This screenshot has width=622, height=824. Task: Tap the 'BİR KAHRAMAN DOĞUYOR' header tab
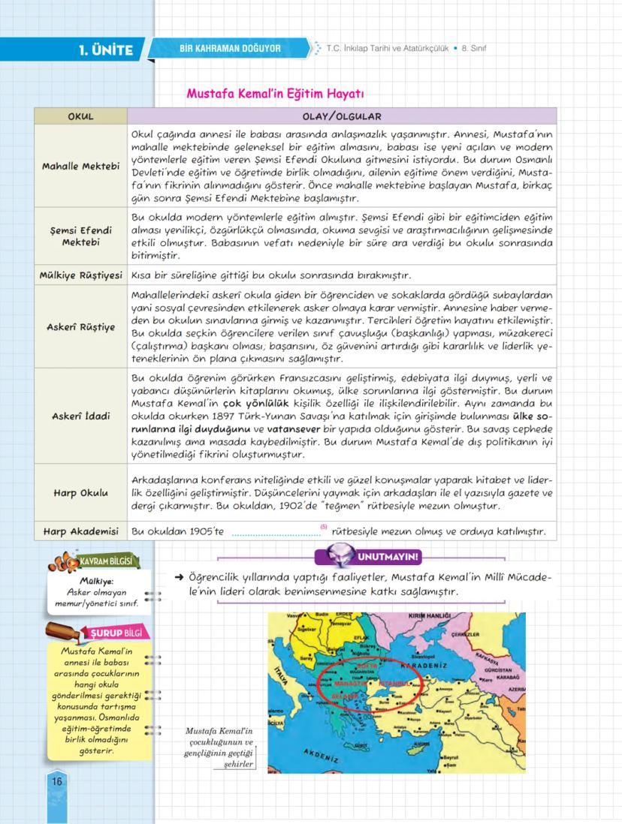click(x=230, y=49)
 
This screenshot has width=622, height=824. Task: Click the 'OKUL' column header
click(x=80, y=116)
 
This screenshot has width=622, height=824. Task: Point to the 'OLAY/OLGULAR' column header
click(x=342, y=116)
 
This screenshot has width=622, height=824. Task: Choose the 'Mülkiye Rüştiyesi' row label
click(x=80, y=275)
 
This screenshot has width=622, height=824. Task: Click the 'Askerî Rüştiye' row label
click(x=80, y=327)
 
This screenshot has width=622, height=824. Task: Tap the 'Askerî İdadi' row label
click(x=80, y=415)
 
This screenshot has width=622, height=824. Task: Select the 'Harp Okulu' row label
click(x=80, y=493)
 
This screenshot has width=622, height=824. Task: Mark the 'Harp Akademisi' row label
click(x=80, y=532)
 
